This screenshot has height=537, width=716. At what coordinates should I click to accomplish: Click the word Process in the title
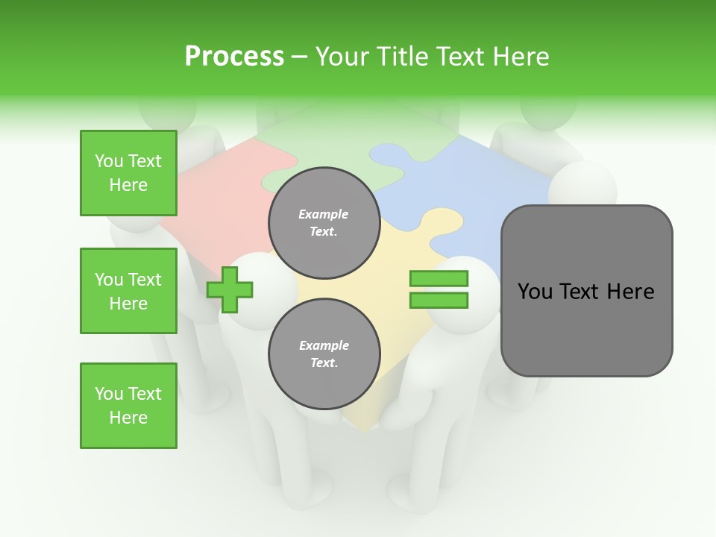click(234, 57)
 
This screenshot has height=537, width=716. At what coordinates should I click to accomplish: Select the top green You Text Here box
click(128, 173)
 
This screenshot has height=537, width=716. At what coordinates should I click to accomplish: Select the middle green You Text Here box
click(128, 291)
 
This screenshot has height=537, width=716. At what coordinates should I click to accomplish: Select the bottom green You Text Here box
click(128, 406)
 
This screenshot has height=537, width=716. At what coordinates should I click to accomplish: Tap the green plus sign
click(230, 289)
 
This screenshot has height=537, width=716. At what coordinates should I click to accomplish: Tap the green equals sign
click(439, 289)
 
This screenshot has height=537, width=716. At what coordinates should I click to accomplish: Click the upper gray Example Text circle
click(324, 222)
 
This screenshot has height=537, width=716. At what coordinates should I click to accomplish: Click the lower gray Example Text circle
click(324, 354)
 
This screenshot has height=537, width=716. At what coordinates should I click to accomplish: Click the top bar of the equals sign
click(439, 279)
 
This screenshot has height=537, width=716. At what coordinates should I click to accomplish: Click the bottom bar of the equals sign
click(439, 301)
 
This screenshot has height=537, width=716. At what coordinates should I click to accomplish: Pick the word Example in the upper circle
click(324, 214)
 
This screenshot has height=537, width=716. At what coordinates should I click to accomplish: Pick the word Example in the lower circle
click(324, 345)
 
